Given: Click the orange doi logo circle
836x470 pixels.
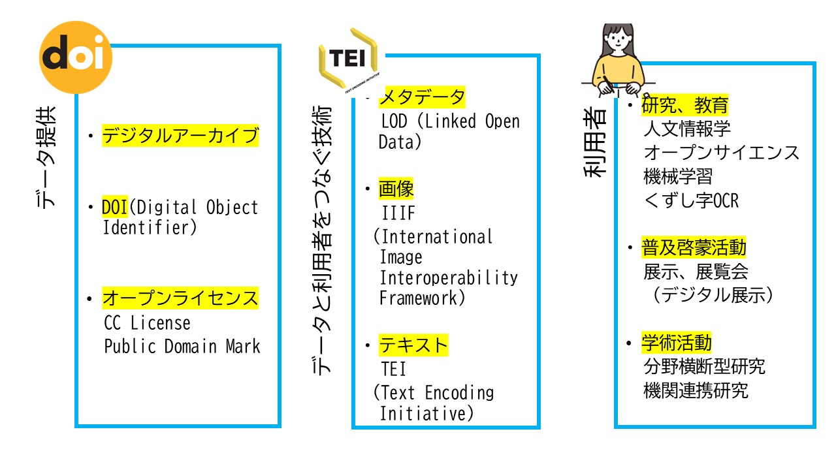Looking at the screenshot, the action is click(76, 57).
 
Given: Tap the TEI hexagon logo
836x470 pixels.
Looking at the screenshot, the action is click(349, 59).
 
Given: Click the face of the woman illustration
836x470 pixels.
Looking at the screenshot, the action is click(618, 40).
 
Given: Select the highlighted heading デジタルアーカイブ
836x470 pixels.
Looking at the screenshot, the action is click(180, 135).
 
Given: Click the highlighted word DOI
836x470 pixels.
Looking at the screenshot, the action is click(115, 207).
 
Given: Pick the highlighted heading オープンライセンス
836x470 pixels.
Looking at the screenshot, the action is click(180, 298).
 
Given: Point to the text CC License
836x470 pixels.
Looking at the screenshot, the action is click(147, 322).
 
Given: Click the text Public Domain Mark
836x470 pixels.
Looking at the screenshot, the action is click(182, 346).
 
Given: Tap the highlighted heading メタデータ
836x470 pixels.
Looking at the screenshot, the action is click(422, 97).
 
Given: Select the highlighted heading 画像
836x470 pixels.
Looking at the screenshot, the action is click(396, 189).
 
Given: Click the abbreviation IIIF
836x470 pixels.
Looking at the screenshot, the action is click(398, 213).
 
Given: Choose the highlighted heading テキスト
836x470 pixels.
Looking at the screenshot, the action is click(413, 345).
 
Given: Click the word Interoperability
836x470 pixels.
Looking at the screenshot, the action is click(449, 277).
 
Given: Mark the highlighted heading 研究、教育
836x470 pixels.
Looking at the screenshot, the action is click(685, 105).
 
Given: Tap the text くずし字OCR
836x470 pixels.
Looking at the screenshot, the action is click(691, 200).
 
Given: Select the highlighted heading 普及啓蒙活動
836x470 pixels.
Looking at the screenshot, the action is click(694, 247).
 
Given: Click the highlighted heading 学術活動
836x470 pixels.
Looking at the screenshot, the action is click(676, 343).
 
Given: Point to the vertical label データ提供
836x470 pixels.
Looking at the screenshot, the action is click(46, 157).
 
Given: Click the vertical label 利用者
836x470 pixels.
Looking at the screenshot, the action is click(595, 142).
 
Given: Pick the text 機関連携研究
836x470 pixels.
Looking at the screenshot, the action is click(696, 390).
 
